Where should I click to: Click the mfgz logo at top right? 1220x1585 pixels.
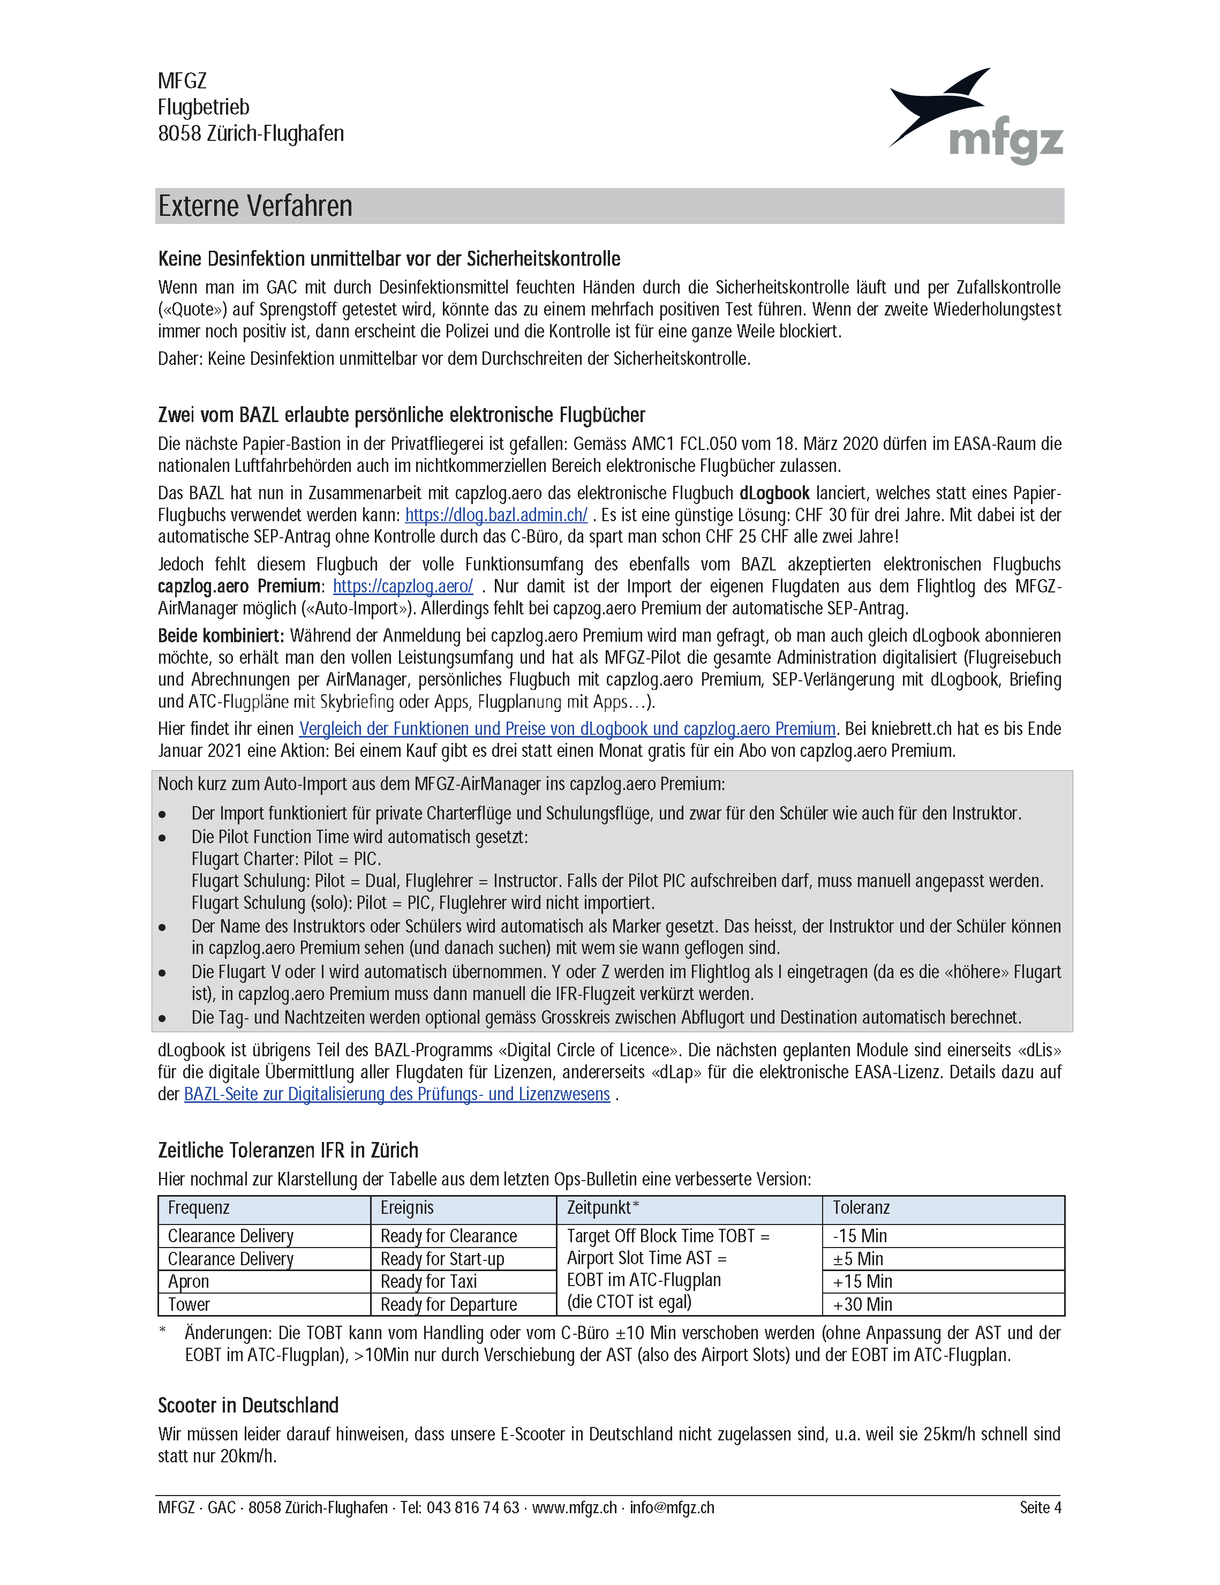click(976, 116)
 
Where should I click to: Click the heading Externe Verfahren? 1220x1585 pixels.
click(255, 206)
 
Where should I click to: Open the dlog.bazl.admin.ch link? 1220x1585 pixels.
click(496, 515)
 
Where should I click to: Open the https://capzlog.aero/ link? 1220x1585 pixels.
click(403, 587)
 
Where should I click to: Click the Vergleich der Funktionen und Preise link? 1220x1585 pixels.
click(567, 728)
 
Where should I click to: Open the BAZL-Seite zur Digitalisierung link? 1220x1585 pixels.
click(396, 1094)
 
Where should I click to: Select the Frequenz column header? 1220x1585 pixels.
click(199, 1207)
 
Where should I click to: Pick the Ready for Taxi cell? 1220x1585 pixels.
click(428, 1282)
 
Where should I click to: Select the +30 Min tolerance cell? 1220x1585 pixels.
click(862, 1304)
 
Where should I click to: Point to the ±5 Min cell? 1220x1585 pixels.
click(858, 1259)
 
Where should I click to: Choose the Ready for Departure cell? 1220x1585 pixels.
click(448, 1304)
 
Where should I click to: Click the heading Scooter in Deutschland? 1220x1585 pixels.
click(248, 1406)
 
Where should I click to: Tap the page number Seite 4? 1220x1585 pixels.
click(1040, 1507)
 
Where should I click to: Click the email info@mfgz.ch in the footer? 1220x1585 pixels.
click(672, 1507)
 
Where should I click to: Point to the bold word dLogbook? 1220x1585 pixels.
click(774, 493)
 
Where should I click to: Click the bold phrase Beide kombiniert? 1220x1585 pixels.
click(221, 636)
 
